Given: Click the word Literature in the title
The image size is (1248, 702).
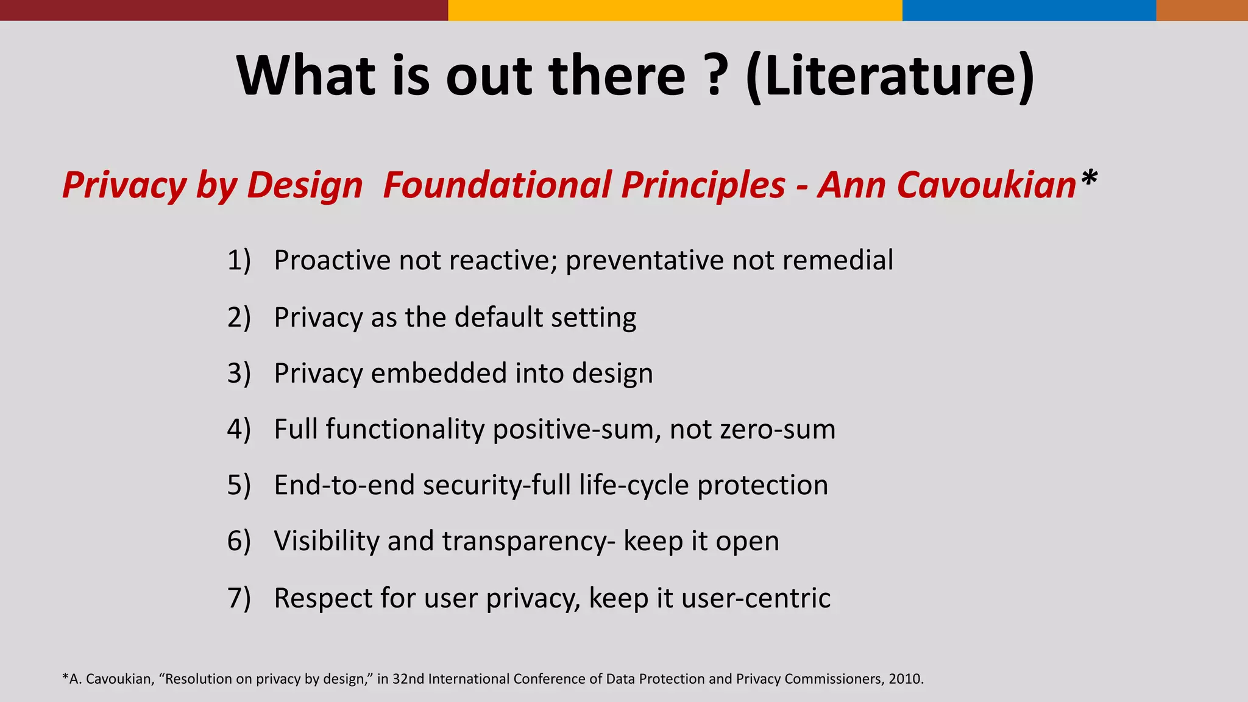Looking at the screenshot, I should coord(889,76).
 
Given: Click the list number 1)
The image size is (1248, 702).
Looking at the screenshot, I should coord(239,260).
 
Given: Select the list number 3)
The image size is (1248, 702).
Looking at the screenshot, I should coord(239,373).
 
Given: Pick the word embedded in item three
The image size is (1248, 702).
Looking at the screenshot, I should coord(439,373).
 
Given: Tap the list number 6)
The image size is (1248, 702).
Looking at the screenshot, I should coord(239,541).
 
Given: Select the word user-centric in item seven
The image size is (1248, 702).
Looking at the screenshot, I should coord(756,598).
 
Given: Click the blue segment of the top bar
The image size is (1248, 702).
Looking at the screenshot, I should coord(1029,10).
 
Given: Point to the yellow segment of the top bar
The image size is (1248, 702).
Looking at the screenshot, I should coord(675,10).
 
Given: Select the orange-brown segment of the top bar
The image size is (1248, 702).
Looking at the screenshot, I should coord(1202,10).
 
